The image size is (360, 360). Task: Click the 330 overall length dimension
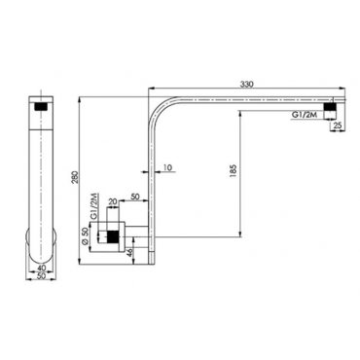(x=246, y=85)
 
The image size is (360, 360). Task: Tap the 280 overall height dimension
(x=75, y=177)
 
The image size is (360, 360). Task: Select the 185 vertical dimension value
(x=234, y=171)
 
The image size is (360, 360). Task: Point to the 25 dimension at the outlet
(x=338, y=126)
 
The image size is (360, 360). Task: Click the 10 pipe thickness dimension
(x=167, y=167)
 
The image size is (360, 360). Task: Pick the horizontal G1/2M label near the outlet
(x=304, y=115)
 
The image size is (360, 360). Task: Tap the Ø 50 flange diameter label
(x=85, y=235)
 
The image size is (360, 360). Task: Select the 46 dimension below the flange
(x=129, y=252)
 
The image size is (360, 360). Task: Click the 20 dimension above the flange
(x=113, y=201)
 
